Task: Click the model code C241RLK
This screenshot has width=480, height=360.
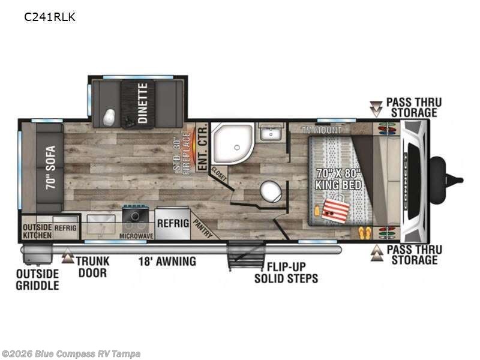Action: click(x=50, y=17)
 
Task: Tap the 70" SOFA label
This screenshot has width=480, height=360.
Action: click(x=51, y=167)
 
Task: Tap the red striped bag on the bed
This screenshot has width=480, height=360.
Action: click(x=336, y=209)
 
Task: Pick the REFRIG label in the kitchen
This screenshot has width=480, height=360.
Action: click(x=173, y=223)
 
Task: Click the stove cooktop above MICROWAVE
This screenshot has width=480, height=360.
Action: click(x=135, y=214)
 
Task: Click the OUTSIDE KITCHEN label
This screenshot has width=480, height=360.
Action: click(x=37, y=232)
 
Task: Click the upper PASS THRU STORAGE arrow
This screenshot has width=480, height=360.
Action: click(x=376, y=109)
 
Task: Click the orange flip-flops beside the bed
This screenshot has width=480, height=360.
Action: click(x=364, y=233)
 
